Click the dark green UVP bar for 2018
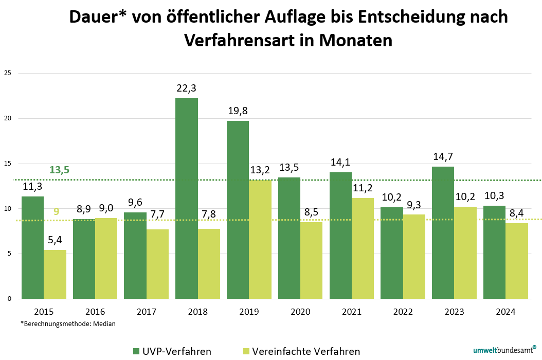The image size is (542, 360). click(x=186, y=199)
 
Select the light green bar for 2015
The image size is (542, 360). click(x=55, y=274)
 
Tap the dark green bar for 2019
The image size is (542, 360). click(x=238, y=210)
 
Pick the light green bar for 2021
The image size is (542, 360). click(x=363, y=248)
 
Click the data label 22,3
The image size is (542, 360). click(x=186, y=88)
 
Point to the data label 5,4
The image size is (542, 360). click(x=55, y=240)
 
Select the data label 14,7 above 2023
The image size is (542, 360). click(x=443, y=157)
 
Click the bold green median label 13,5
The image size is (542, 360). click(x=59, y=170)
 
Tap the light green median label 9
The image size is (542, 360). click(x=57, y=211)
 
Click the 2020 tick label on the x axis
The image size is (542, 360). click(x=300, y=312)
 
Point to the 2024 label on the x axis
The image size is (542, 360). click(x=505, y=312)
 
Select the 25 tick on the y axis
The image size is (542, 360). click(x=7, y=73)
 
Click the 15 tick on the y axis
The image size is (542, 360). click(x=7, y=164)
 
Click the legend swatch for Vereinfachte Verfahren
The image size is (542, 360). click(x=245, y=351)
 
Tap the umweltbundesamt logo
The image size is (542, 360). click(x=504, y=350)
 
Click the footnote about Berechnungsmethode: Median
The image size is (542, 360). click(x=68, y=324)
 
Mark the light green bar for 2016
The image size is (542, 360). click(x=106, y=258)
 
